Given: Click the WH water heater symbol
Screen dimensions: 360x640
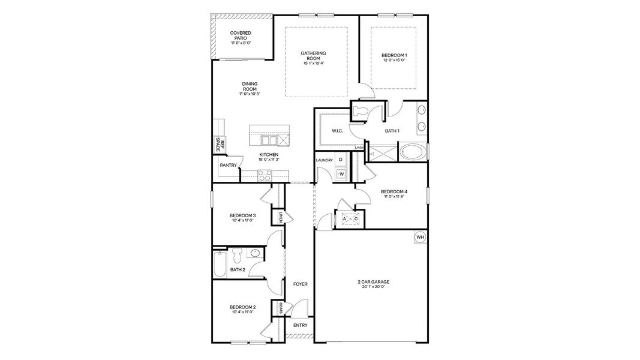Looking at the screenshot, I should coord(420,238).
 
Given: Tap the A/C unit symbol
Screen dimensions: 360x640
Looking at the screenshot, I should coord(350,219).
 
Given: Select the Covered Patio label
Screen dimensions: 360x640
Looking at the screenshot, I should coord(241,38).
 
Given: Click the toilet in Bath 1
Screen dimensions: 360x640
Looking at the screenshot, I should coord(361,110).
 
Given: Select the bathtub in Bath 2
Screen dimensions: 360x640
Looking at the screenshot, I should coord(220,264).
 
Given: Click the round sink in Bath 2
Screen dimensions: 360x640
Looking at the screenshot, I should coord(255,253).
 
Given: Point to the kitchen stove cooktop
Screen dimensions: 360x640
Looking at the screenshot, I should coord(264,175).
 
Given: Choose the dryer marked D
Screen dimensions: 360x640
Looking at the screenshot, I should coord(341,160).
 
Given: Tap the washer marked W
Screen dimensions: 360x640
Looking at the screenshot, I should coord(341,174).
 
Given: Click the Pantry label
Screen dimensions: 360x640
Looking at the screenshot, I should coord(228,165).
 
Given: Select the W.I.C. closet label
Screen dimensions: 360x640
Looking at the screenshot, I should coord(337,131).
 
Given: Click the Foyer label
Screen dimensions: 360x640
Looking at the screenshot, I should coord(300,284).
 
